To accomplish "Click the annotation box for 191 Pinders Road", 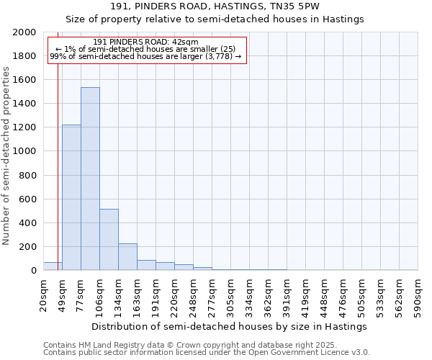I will [147, 50].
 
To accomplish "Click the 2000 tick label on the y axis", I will [24, 32].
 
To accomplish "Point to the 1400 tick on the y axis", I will [24, 104].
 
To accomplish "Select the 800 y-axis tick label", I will [27, 175].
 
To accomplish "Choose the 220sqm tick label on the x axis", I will [174, 293].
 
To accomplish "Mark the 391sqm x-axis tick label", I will [287, 293].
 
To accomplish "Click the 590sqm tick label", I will [418, 293].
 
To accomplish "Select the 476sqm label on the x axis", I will [343, 293].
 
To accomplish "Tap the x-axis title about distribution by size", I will [230, 326].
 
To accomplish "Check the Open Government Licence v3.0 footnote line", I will [207, 353].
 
